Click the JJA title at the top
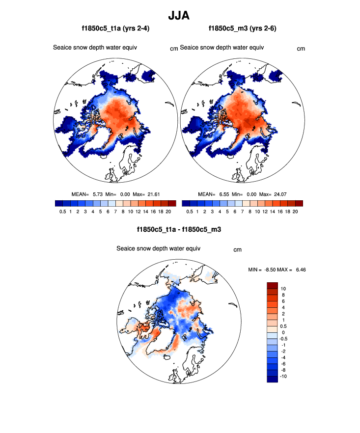point(179,15)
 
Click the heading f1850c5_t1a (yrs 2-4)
point(116,29)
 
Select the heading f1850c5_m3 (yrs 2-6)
point(243,29)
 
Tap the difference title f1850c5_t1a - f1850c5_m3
point(179,229)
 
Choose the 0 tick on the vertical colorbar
point(283,332)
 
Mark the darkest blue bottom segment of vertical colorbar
point(273,379)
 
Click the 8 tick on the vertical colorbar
point(283,295)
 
